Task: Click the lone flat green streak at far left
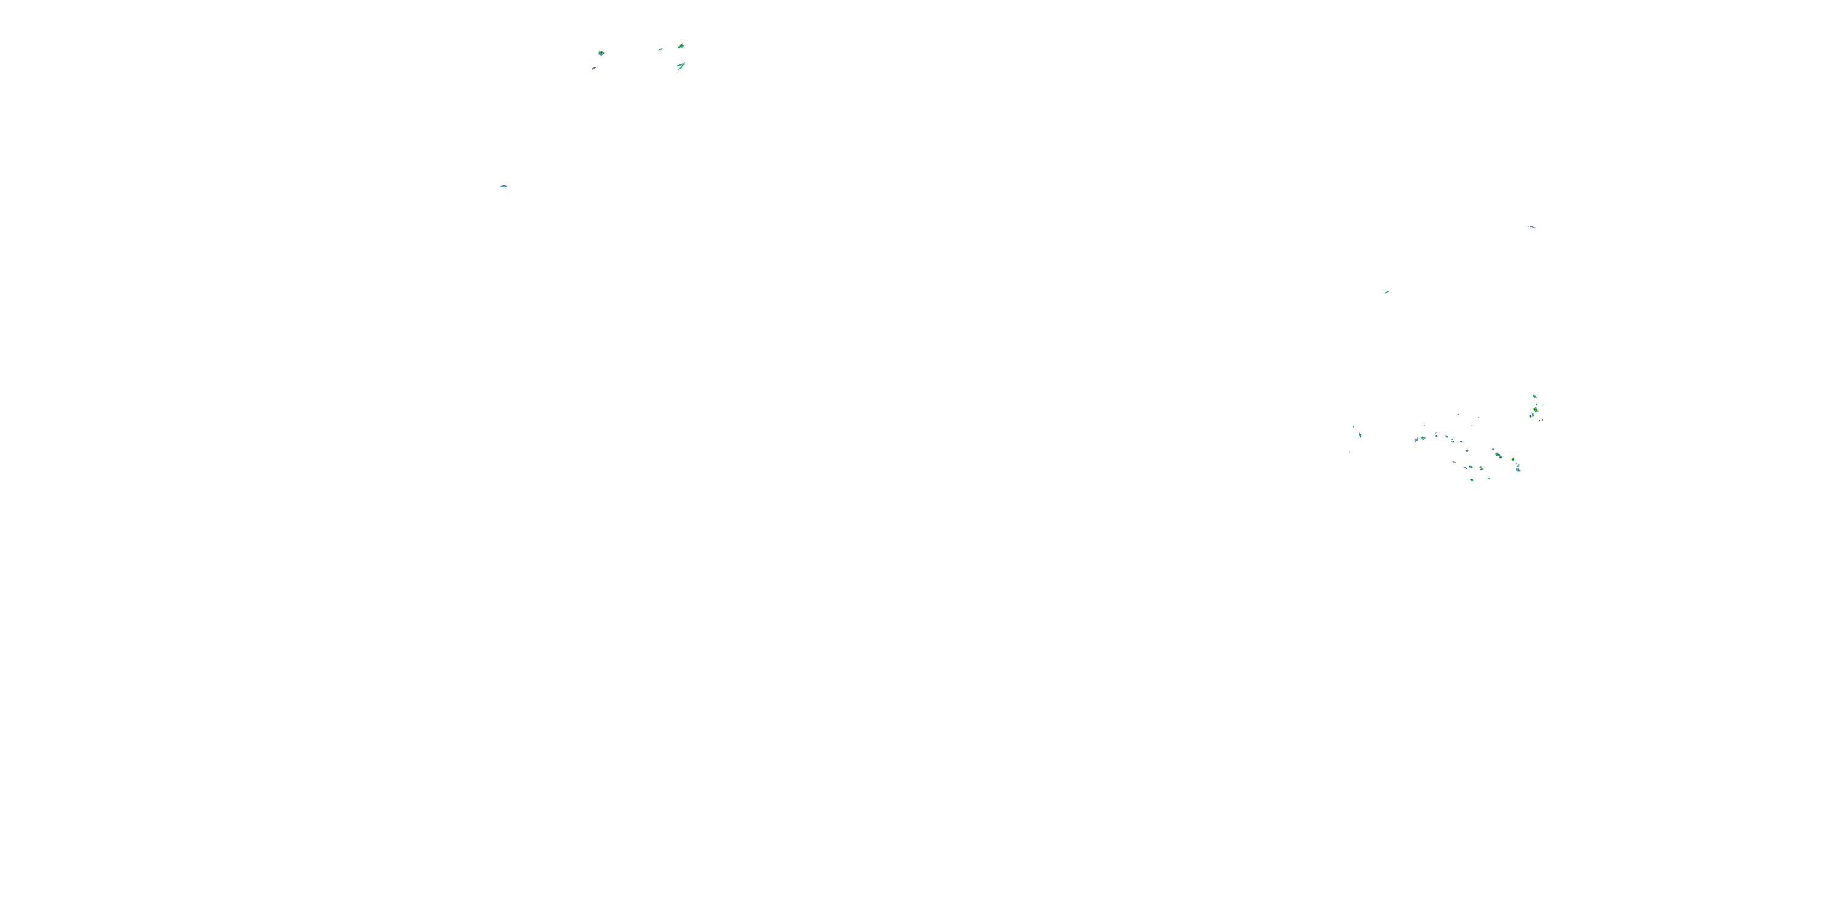(504, 186)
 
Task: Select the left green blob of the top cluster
(602, 53)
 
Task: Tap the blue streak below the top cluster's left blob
(594, 69)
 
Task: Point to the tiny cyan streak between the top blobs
(660, 49)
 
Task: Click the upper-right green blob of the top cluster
(681, 46)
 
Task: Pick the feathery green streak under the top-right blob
(681, 66)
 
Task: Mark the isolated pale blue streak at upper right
(1531, 227)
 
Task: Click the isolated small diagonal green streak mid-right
(1386, 292)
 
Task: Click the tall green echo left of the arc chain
(1360, 434)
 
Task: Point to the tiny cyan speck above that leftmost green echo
(1353, 426)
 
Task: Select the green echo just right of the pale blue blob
(1423, 437)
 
